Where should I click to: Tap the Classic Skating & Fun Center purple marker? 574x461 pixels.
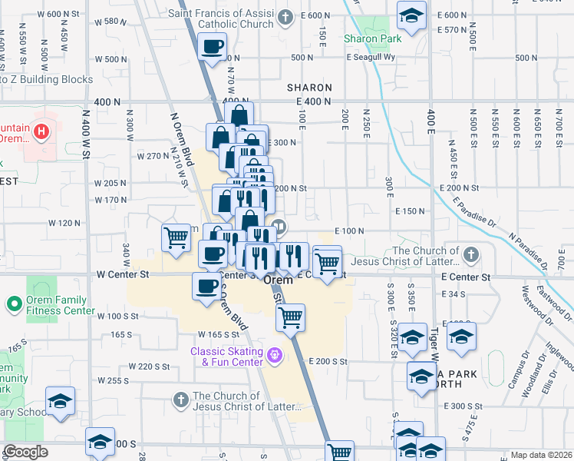click(x=275, y=356)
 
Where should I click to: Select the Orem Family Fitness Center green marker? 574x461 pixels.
click(x=14, y=304)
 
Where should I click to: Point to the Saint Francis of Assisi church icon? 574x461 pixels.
click(x=285, y=17)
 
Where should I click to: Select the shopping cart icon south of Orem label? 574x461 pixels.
click(x=291, y=317)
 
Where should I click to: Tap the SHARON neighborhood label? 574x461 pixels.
click(x=309, y=88)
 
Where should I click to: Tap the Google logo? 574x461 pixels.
click(x=26, y=452)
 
